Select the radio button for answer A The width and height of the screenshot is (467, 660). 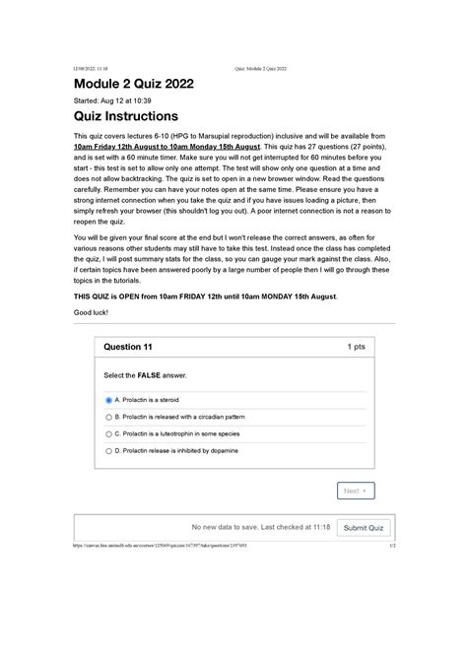pyautogui.click(x=108, y=401)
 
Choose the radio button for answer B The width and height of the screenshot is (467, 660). pyautogui.click(x=108, y=417)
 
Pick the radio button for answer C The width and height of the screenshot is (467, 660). pyautogui.click(x=108, y=433)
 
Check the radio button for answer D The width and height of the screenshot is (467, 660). pyautogui.click(x=108, y=449)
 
